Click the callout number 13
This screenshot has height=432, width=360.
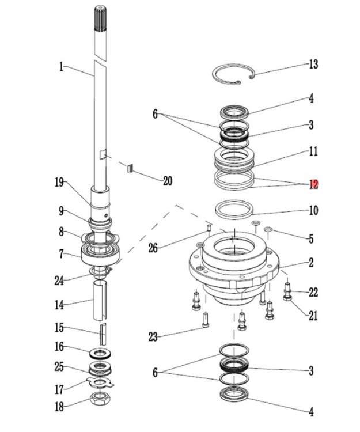pos(313,64)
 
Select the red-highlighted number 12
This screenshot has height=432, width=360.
pos(313,184)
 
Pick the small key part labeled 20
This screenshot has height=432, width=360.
pos(130,169)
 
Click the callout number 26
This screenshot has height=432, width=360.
pos(152,248)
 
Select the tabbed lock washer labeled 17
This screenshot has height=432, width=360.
pos(101,382)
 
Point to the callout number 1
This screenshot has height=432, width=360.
pos(60,67)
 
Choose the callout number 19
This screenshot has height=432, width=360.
pos(59,184)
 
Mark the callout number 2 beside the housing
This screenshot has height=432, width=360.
pos(311,263)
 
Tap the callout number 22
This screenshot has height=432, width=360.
pos(313,293)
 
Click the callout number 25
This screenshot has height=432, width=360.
pos(59,366)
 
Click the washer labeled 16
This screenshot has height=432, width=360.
pos(101,352)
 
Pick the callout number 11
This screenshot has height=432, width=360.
pos(313,153)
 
